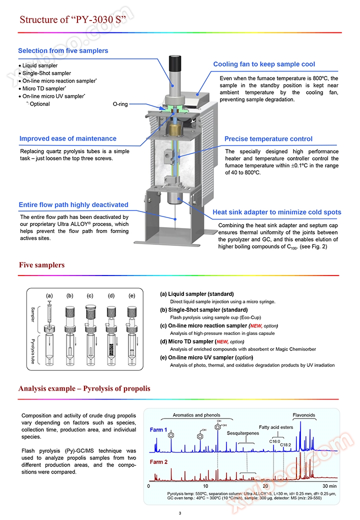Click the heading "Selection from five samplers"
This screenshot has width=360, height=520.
63,50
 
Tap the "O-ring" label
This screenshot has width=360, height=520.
120,104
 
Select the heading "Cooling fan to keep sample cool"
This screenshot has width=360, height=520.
264,64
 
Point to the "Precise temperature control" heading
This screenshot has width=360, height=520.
268,139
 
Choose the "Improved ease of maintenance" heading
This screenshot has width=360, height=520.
68,138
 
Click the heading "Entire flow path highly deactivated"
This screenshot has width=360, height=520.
73,204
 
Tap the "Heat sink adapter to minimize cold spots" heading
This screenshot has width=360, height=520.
277,212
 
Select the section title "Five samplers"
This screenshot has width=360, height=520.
41,265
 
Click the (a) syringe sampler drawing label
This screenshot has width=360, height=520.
49,295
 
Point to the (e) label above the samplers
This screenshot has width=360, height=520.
131,295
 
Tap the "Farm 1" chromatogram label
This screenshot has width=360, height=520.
158,429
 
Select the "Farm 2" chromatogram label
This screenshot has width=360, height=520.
158,462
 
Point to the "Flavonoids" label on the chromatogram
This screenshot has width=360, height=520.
304,415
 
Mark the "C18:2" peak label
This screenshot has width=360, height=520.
285,444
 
